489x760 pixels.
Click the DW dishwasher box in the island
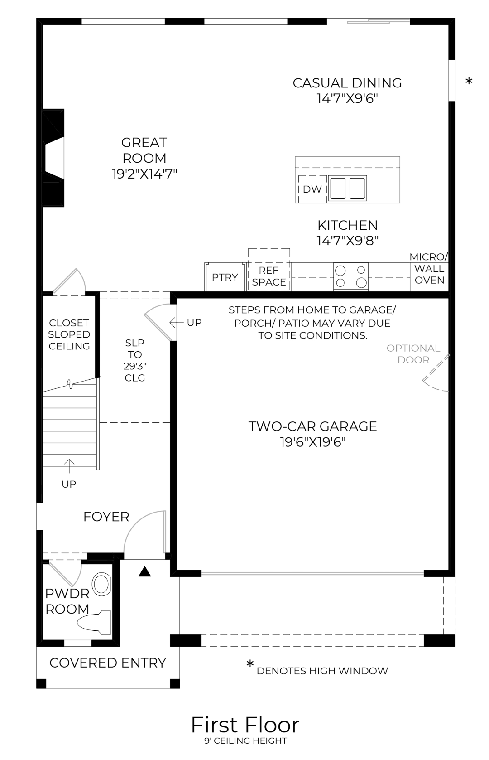point(312,189)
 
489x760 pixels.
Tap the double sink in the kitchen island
point(347,188)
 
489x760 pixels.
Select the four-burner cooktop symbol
point(351,276)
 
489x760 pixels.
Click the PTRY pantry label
point(225,277)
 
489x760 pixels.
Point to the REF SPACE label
point(269,276)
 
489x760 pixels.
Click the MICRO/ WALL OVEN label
point(429,268)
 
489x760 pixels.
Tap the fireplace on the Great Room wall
point(54,157)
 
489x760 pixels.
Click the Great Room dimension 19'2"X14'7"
point(144,174)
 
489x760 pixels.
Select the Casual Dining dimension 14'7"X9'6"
point(347,98)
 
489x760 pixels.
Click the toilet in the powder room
point(96,622)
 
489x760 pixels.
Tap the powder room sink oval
point(101,584)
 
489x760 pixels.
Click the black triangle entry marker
point(144,572)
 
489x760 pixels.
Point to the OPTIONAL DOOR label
point(413,354)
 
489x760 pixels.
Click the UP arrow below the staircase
point(69,465)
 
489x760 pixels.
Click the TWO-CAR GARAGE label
point(312,426)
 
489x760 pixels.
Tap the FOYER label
point(106,517)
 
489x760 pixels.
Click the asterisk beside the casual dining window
point(469,82)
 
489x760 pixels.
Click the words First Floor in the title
point(245,725)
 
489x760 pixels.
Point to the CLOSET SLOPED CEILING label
point(69,334)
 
